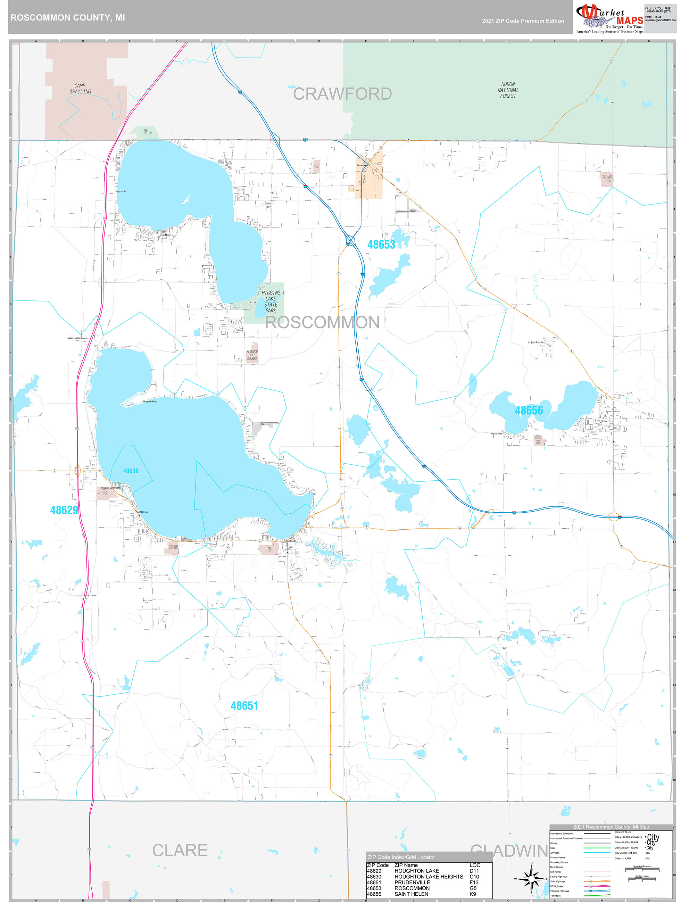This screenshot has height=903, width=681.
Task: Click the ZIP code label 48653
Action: (x=381, y=245)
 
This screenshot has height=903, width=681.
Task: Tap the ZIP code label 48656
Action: (x=529, y=410)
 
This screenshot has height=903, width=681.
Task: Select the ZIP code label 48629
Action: (x=64, y=510)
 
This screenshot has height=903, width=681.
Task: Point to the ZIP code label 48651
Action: (x=244, y=706)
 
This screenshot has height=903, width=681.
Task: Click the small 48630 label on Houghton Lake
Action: (x=131, y=471)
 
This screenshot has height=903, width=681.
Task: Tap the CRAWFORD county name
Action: (x=342, y=94)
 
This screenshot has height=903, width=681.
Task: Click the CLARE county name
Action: (x=180, y=850)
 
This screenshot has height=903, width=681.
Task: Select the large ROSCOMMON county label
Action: (x=322, y=323)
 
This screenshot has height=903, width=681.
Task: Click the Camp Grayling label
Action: (x=80, y=89)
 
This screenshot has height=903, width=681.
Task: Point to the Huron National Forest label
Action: (x=508, y=90)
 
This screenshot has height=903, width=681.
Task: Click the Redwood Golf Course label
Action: (x=252, y=355)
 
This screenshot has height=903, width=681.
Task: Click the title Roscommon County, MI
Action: (x=68, y=18)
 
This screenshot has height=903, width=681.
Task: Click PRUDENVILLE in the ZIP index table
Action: (x=412, y=882)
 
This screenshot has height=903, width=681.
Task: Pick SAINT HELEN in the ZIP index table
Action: (x=411, y=894)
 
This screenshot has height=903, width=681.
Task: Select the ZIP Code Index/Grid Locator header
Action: (x=401, y=857)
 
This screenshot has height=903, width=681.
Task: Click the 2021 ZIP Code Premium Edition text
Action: (x=523, y=21)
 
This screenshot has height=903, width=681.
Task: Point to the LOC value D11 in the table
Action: (x=474, y=871)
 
